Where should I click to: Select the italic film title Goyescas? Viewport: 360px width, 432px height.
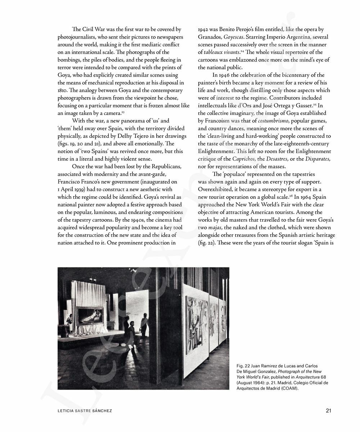pos(235,37)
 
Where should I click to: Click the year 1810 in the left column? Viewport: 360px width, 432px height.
pos(63,90)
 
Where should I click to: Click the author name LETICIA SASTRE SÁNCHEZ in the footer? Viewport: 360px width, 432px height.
pos(85,411)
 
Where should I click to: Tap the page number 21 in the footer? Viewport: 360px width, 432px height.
pos(328,410)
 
